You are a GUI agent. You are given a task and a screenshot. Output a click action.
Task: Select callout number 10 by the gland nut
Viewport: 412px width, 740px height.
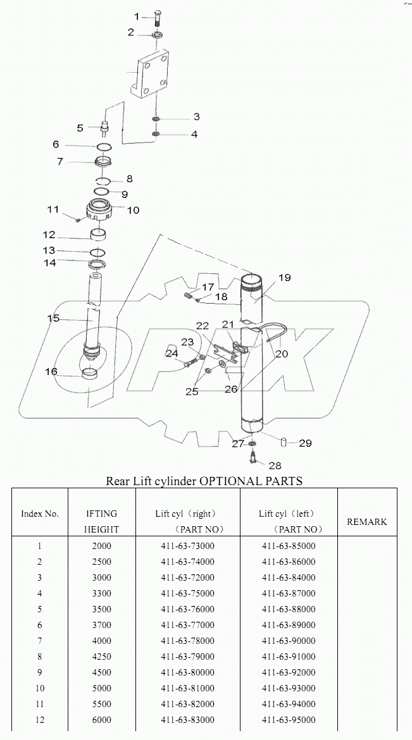(x=134, y=210)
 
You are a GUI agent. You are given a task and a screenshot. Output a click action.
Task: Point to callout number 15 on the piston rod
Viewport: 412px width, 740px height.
(x=53, y=318)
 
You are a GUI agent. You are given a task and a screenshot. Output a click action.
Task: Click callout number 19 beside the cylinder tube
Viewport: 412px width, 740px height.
(x=284, y=278)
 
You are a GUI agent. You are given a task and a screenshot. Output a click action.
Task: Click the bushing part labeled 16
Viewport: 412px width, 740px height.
(x=90, y=374)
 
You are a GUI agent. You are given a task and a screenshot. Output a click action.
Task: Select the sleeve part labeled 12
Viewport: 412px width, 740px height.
(x=98, y=237)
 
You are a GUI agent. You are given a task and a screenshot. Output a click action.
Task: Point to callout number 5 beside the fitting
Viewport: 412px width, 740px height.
(x=80, y=128)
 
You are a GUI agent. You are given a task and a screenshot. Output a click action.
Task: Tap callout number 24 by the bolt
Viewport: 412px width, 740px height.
(x=172, y=354)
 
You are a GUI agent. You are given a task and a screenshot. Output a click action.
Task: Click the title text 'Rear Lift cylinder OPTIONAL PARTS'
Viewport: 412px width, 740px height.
(x=204, y=481)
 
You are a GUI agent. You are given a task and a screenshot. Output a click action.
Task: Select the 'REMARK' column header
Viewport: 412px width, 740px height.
(x=367, y=522)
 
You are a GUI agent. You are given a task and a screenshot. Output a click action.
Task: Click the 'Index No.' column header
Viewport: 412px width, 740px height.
(x=40, y=514)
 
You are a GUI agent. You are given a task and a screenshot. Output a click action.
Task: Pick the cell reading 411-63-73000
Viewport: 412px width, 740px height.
(x=187, y=546)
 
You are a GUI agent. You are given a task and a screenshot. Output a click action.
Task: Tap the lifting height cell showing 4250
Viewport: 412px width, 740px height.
(x=101, y=657)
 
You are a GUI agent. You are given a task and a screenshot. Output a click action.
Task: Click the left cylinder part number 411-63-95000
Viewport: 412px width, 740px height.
(x=288, y=720)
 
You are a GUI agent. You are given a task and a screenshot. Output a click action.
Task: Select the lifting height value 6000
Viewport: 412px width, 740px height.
(x=101, y=720)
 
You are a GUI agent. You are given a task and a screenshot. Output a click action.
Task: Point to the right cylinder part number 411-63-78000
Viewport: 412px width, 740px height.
(x=187, y=641)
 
